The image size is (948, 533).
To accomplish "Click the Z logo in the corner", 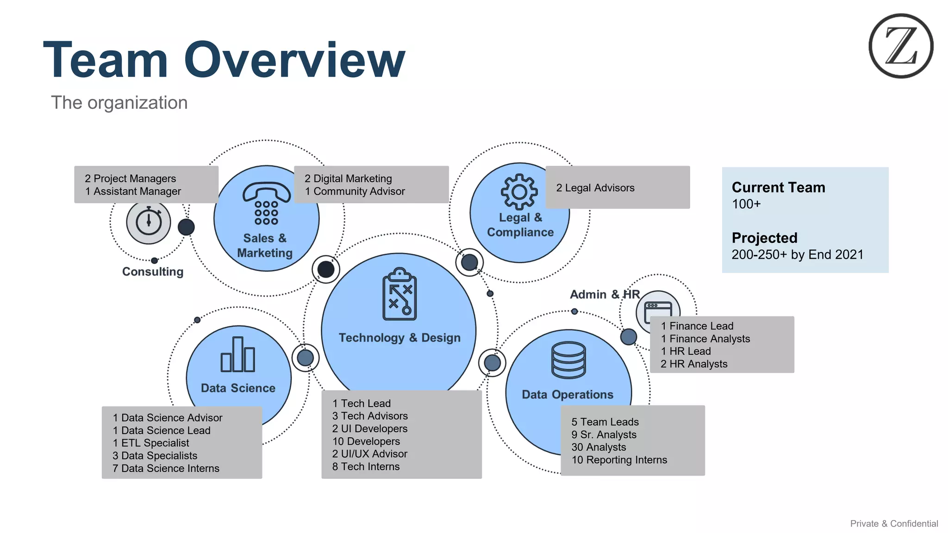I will click(900, 46).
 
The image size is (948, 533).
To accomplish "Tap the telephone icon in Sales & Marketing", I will click(266, 204).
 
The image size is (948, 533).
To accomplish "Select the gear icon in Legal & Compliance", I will click(519, 192).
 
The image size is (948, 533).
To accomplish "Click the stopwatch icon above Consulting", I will click(149, 222).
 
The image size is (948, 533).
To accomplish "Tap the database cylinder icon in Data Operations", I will click(568, 360).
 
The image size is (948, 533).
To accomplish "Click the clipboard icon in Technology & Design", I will click(399, 294).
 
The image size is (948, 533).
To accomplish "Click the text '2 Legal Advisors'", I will click(595, 188).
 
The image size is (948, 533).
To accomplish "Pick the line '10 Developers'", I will click(366, 441).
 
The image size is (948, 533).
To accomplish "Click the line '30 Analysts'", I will click(598, 447).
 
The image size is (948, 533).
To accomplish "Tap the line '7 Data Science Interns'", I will click(166, 468).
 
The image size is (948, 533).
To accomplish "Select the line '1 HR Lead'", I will click(686, 351).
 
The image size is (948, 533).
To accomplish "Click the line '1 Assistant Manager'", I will click(133, 191).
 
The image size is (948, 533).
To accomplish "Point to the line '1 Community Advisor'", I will click(355, 191).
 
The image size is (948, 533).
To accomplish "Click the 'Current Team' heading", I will click(778, 187).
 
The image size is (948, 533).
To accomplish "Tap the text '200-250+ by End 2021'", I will click(797, 254).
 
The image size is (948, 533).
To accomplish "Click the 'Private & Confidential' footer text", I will click(893, 523).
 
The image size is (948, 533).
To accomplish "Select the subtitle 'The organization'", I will click(119, 103).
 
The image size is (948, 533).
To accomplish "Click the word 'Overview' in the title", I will click(294, 60).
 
